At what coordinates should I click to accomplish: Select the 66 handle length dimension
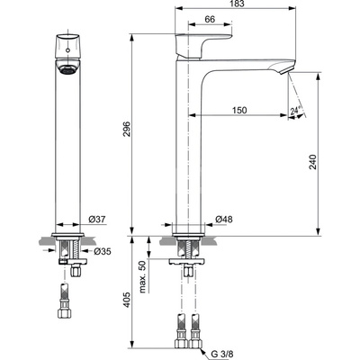click(x=209, y=19)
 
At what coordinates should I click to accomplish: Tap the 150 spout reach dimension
click(x=238, y=109)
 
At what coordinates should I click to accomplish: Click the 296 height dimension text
click(x=127, y=128)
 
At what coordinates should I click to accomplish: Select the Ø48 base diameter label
click(x=225, y=219)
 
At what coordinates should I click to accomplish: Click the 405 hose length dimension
click(x=127, y=299)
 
